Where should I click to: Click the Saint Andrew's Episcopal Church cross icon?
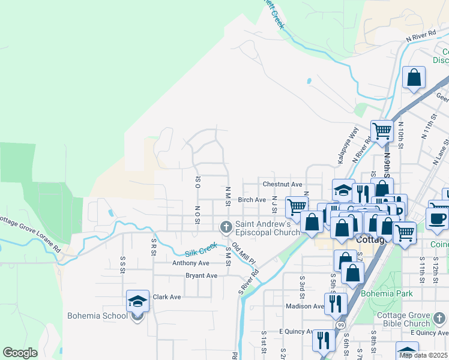pos(226,227)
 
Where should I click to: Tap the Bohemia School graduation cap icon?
pos(137,301)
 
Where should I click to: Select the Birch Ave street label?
pos(252,200)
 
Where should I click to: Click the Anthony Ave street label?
pos(191,263)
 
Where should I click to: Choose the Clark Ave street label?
pos(167,297)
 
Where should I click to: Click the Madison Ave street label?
pos(305,306)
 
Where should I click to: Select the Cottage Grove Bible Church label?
pos(404,320)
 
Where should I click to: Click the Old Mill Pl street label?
pos(244,254)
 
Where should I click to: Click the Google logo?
pos(20,353)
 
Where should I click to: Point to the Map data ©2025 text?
pos(423,355)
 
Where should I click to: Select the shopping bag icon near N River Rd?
pos(414,77)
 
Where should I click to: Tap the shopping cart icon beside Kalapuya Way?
pos(382,130)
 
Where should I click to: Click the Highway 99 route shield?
pos(340,325)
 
